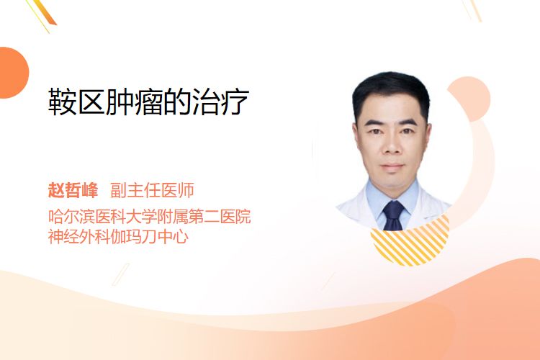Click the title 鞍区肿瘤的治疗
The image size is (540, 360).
pyautogui.click(x=148, y=102)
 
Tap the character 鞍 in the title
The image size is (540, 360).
pyautogui.click(x=62, y=102)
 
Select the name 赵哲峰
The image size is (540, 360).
pyautogui.click(x=73, y=190)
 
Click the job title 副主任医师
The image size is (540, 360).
pyautogui.click(x=152, y=190)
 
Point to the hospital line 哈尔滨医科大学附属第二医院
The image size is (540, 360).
pyautogui.click(x=149, y=216)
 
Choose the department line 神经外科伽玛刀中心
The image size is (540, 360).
pyautogui.click(x=118, y=236)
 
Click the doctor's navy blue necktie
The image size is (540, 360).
pyautogui.click(x=393, y=215)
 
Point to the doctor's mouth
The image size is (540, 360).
pyautogui.click(x=392, y=167)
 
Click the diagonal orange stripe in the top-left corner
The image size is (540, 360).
pyautogui.click(x=45, y=12)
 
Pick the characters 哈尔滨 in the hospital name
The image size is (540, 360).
pyautogui.click(x=71, y=216)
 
